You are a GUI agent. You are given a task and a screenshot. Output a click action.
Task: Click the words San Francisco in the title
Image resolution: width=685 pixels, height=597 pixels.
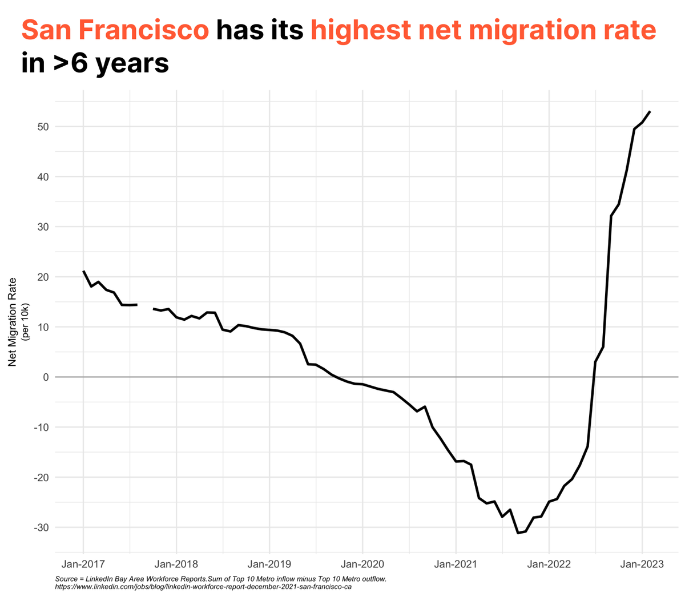pos(115,30)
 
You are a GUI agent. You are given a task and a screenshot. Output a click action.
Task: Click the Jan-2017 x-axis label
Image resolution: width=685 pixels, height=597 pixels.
pos(83,564)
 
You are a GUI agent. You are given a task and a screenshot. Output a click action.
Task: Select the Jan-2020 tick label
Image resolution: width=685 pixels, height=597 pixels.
pos(362,564)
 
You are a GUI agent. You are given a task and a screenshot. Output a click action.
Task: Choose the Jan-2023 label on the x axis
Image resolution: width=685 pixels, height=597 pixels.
pos(642,564)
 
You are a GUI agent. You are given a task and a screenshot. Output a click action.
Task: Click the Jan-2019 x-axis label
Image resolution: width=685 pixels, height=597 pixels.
pos(269,564)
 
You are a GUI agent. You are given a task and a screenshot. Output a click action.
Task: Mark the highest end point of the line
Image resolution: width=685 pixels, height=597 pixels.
pos(650,112)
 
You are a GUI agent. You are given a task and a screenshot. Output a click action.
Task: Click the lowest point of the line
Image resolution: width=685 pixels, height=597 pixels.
pos(518,533)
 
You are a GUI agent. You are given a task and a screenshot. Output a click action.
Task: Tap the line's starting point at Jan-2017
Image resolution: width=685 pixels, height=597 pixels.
pos(83,271)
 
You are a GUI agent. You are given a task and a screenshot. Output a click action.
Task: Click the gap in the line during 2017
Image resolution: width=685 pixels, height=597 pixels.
pos(145,307)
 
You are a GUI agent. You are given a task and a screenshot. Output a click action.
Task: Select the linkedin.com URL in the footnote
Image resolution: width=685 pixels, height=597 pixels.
pos(203,587)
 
